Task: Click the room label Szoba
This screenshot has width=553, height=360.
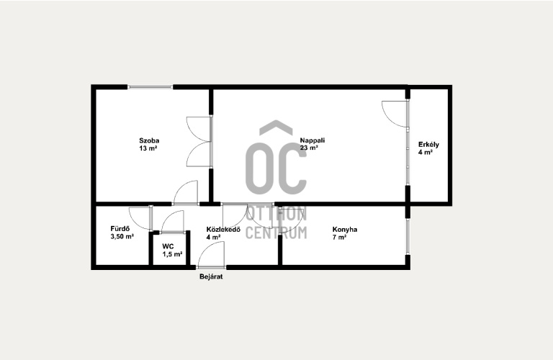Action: click(149, 140)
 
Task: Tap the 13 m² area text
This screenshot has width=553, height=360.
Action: click(148, 148)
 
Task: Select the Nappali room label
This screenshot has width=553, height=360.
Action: click(313, 140)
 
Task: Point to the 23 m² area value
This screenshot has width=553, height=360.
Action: click(309, 148)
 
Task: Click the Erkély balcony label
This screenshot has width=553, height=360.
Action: click(428, 144)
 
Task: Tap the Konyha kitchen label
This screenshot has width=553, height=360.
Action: click(345, 229)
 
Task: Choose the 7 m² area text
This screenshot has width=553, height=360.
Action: click(339, 238)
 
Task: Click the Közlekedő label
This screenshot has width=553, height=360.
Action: click(223, 229)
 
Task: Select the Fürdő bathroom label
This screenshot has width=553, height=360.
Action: click(120, 228)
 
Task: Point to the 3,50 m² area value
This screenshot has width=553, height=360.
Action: click(122, 237)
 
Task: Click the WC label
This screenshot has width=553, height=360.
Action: click(168, 246)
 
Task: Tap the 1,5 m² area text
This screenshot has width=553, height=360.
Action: click(172, 254)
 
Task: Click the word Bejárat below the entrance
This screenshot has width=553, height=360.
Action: click(211, 276)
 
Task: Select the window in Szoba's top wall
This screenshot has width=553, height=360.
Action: click(150, 86)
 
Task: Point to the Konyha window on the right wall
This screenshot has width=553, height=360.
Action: click(408, 236)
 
